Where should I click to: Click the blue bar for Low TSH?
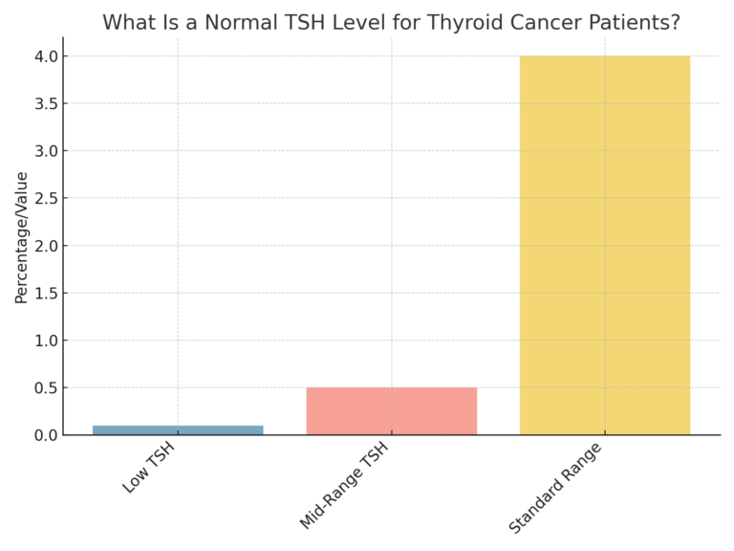[x=178, y=430]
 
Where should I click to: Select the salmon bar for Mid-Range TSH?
[x=391, y=411]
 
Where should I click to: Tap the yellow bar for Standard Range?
[x=604, y=245]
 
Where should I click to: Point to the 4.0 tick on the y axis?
[x=45, y=56]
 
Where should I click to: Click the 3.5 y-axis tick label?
[x=45, y=104]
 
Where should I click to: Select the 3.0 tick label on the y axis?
[x=45, y=151]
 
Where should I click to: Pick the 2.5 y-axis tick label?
[x=45, y=199]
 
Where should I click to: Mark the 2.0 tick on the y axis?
[x=45, y=246]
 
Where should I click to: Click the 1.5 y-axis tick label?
[x=45, y=294]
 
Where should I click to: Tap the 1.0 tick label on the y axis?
[x=45, y=341]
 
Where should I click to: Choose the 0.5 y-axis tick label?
[x=45, y=388]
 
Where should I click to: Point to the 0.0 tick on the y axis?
[x=45, y=435]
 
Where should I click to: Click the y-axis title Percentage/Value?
[x=21, y=237]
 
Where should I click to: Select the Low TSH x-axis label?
[x=149, y=469]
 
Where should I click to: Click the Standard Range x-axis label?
[x=555, y=488]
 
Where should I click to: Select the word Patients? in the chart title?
[x=640, y=22]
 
